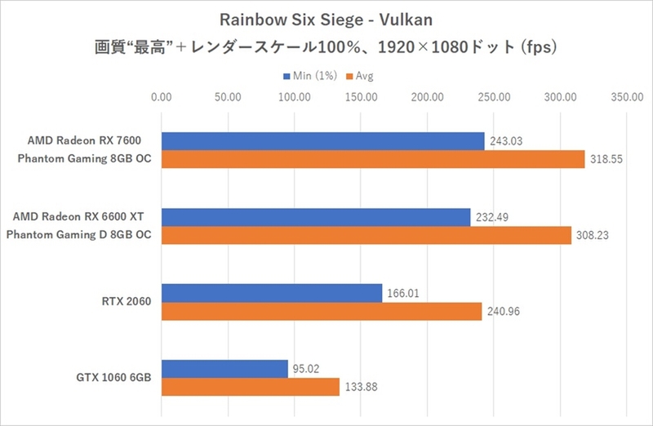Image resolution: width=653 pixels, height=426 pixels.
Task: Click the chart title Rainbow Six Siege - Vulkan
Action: [326, 18]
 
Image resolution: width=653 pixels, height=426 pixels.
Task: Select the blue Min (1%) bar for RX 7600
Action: [322, 141]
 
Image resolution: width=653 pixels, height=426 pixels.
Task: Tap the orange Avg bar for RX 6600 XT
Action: [366, 236]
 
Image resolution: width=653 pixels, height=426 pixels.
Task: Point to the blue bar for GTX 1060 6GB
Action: [224, 369]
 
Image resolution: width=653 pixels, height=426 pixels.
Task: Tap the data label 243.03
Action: [506, 141]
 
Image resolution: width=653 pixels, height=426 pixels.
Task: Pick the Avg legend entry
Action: [360, 76]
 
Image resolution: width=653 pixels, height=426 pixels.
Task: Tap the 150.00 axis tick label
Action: [361, 97]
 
